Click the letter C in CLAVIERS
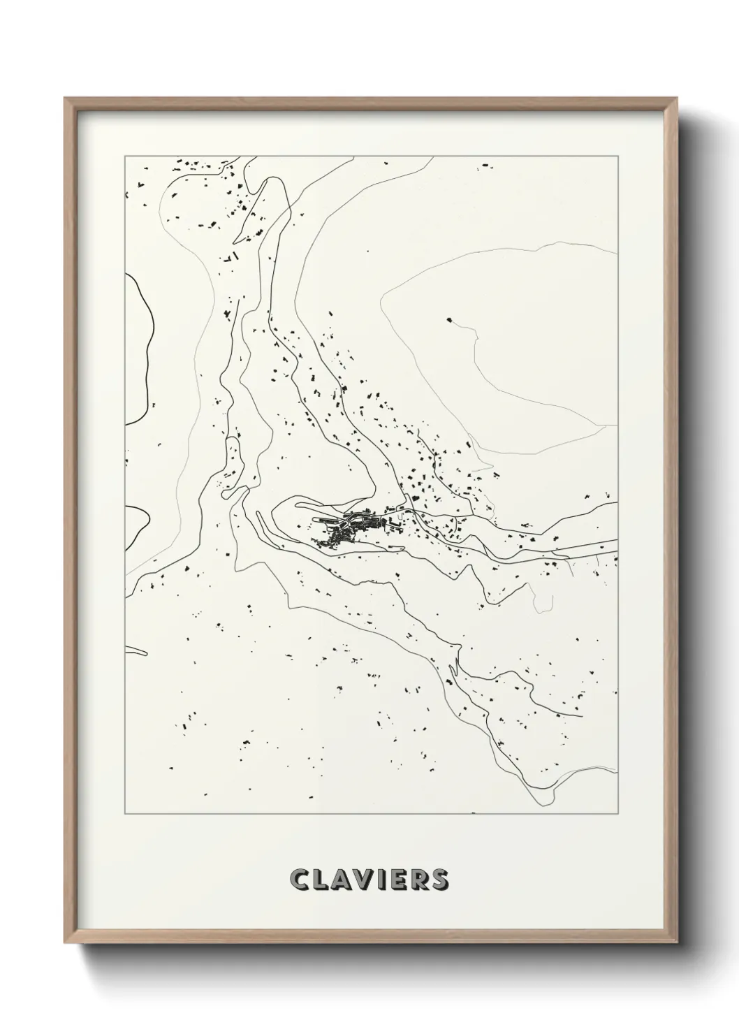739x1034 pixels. pos(302,880)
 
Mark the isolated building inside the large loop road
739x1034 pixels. pos(449,321)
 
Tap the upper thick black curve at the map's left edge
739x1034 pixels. pos(144,349)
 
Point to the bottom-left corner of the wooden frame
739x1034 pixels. pos(65,945)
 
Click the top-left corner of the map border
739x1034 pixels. pos(125,157)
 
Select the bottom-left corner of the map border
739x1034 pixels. pos(125,814)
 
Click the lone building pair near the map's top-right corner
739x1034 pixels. pos(483,166)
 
